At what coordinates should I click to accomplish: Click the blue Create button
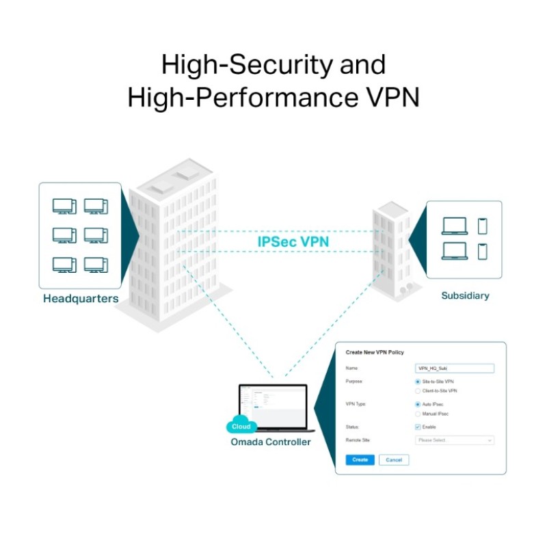(360, 460)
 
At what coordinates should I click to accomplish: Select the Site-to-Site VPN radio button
(418, 381)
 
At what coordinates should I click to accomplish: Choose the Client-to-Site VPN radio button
(418, 390)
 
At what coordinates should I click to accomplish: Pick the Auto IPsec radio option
(418, 404)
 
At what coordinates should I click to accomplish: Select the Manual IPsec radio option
(418, 414)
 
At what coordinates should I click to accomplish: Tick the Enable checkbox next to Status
(418, 427)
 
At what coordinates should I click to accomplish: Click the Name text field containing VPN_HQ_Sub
(454, 368)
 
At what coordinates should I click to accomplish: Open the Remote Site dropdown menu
(454, 440)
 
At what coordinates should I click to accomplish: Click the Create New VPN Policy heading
(375, 353)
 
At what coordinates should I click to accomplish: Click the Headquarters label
(81, 299)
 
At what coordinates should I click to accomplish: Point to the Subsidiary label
(465, 296)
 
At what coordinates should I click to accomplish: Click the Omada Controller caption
(271, 442)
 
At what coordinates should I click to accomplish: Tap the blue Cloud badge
(241, 427)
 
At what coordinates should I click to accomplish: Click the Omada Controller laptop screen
(272, 405)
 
